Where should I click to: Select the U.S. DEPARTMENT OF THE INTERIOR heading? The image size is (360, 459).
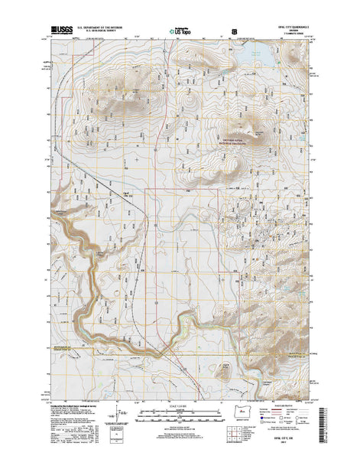(105, 29)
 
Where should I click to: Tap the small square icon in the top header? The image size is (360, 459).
(234, 32)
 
